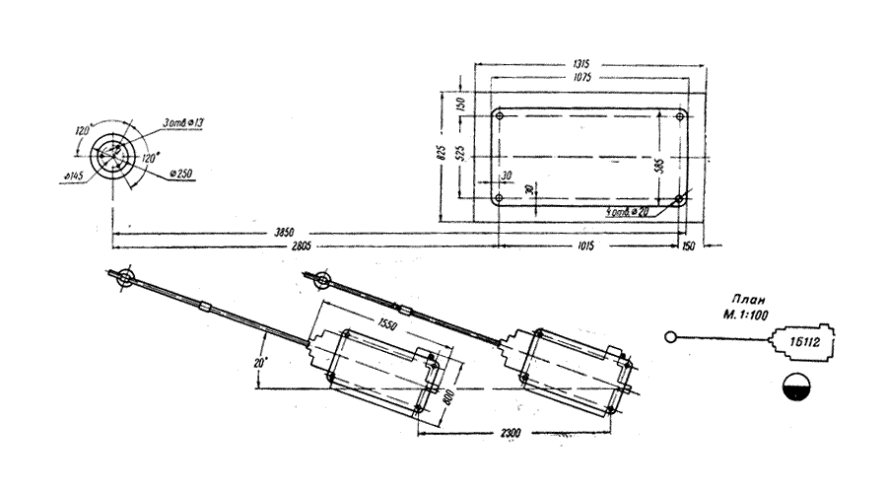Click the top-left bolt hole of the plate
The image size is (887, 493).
501,117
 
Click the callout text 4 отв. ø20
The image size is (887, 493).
628,212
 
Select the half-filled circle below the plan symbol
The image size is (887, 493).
794,387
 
